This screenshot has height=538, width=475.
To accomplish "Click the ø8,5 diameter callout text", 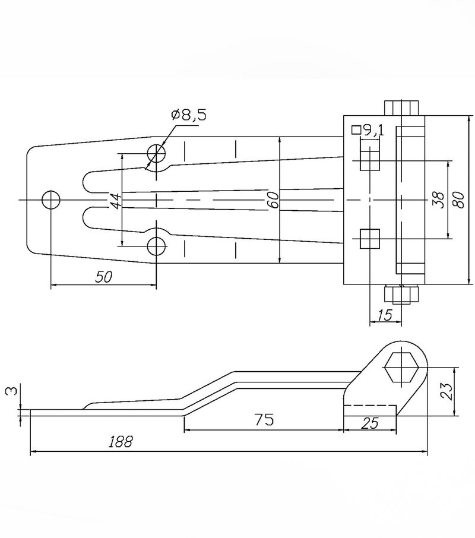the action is click(189, 116).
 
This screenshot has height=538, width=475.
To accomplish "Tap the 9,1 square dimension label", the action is click(368, 131).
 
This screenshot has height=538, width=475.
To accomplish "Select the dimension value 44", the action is click(116, 201).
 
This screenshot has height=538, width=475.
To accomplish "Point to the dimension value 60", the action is click(273, 200).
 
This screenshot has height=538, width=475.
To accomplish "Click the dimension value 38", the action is click(438, 200).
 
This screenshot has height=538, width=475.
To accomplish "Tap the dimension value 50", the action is click(103, 277).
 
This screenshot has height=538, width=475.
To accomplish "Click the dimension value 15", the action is click(386, 315).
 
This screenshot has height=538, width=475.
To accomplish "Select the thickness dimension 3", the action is click(11, 391).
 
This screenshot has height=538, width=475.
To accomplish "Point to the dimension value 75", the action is click(264, 419).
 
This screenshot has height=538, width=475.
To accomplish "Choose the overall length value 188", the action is click(121, 442).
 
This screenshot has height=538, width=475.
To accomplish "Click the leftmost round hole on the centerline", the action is click(50, 200).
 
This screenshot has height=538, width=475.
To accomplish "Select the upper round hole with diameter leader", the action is click(156, 153).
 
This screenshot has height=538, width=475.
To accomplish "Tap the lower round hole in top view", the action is click(156, 246).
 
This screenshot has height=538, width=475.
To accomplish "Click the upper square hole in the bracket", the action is click(370, 160).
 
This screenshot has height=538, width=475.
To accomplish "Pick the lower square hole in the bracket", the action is click(370, 239).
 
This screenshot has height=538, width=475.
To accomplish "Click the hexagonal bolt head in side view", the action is click(401, 367).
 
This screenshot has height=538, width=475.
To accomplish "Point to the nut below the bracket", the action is click(401, 295).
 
